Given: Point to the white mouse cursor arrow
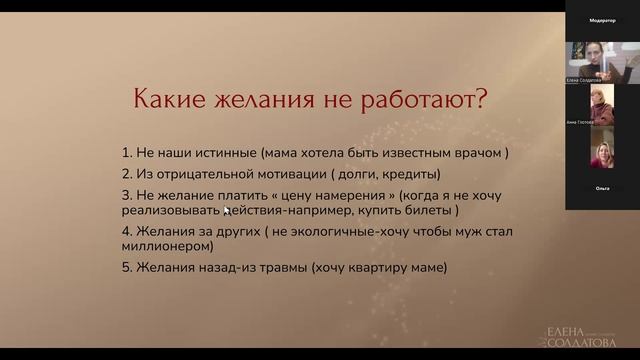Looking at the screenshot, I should [226, 211].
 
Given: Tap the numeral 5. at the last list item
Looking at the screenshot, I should [126, 268].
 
